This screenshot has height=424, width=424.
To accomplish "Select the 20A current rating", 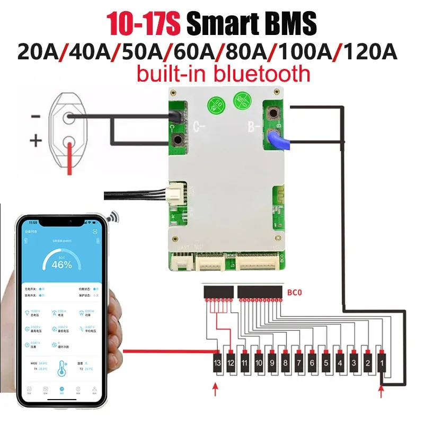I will [x=39, y=52].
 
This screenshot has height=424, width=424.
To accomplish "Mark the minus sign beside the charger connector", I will [x=36, y=116].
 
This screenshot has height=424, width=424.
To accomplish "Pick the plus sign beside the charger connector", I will [x=35, y=141].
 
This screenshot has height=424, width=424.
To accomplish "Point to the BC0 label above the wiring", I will [x=300, y=291].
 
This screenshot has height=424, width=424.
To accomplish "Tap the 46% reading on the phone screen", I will [x=61, y=263].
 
